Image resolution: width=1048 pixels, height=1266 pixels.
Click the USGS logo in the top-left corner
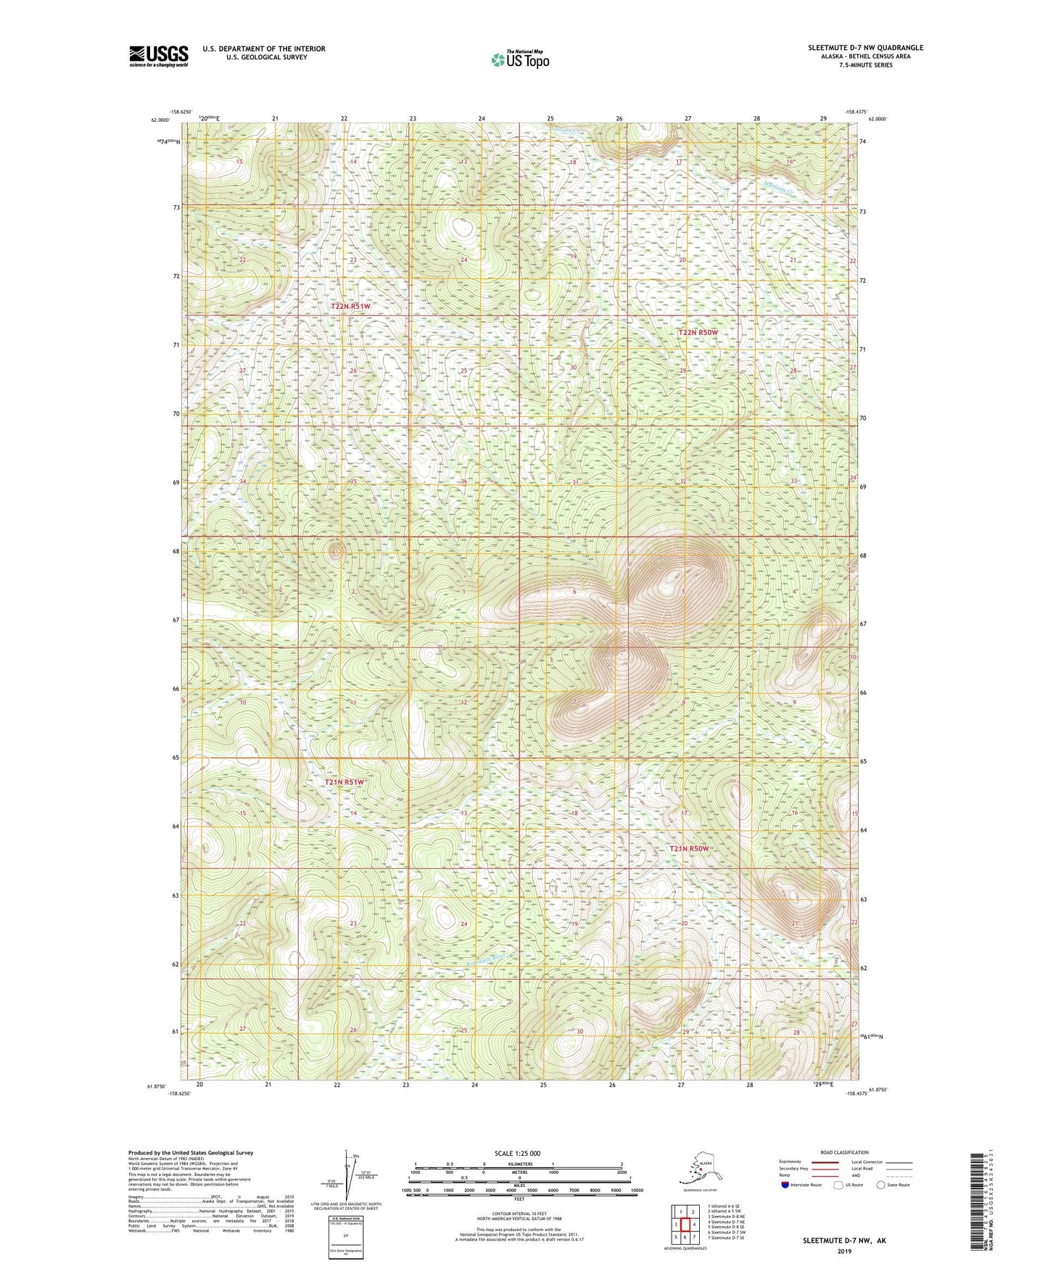point(158,56)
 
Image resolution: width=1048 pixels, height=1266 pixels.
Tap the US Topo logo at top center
point(519,59)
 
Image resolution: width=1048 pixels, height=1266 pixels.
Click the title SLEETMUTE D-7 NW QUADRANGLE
point(865,48)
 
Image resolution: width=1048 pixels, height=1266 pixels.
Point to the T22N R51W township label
point(350,307)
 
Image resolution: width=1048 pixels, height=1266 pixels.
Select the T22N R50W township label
point(698,332)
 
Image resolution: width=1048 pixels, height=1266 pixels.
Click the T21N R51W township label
point(344,782)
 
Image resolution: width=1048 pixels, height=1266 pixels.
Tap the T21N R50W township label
point(688,848)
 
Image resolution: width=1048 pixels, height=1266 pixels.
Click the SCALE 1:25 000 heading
point(518,1153)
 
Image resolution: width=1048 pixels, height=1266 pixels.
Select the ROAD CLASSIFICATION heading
point(844,1152)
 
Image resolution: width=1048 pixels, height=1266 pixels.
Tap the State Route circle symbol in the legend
point(881,1185)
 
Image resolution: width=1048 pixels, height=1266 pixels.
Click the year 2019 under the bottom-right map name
point(844,1251)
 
